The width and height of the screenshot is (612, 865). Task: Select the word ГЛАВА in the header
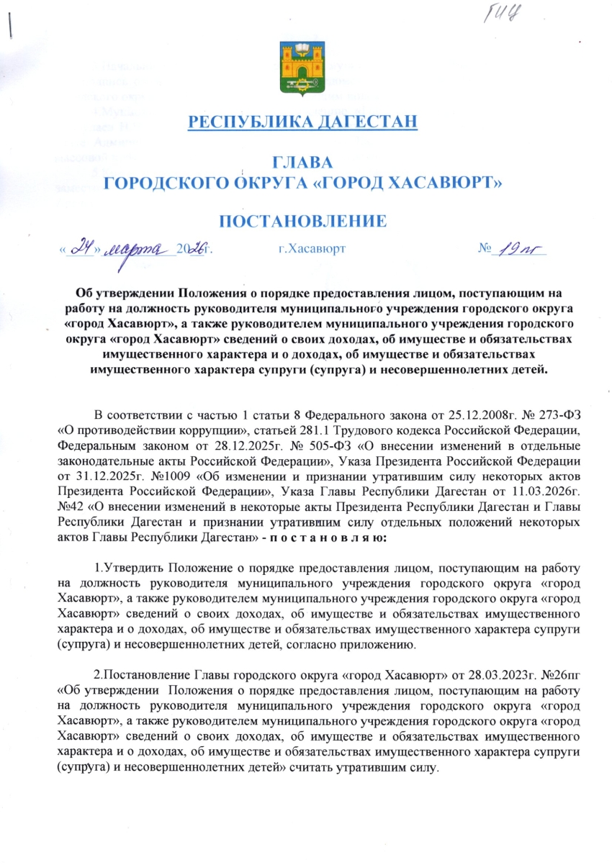click(302, 163)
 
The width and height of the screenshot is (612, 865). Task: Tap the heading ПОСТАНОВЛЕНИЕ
click(302, 220)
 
